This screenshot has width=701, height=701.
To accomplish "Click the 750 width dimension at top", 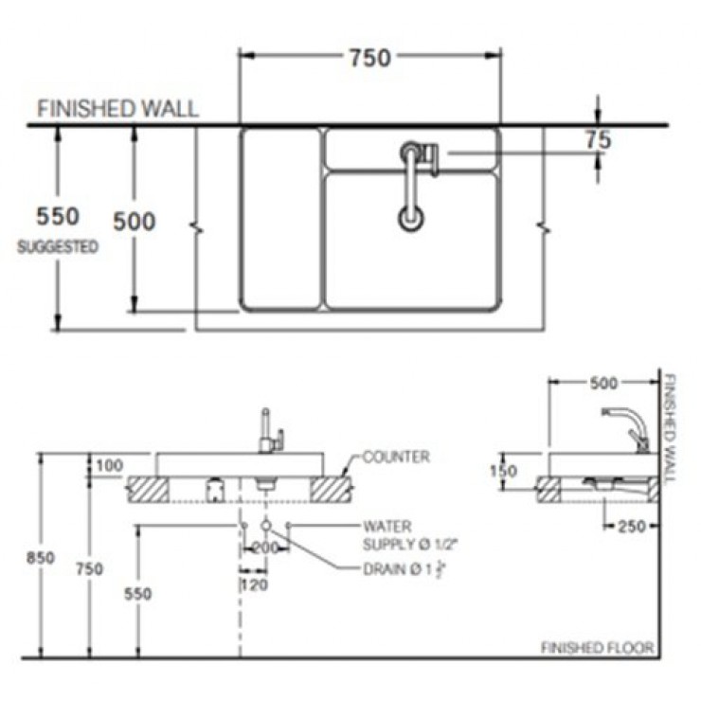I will click(x=368, y=58).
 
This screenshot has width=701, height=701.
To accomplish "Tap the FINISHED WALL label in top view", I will click(x=117, y=108).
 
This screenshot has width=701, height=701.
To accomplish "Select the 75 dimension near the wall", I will click(x=597, y=140).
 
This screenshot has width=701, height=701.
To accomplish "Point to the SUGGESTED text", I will click(x=58, y=247).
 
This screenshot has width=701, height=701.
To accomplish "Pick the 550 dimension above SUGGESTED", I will click(x=58, y=217).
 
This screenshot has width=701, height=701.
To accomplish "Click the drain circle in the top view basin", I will click(x=410, y=219).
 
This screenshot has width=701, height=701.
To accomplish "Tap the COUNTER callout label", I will click(x=396, y=457).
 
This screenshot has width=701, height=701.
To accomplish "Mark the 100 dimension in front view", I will click(x=110, y=465).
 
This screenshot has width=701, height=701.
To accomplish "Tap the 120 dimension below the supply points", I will click(x=253, y=586).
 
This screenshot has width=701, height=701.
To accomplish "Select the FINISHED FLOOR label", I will click(x=597, y=648).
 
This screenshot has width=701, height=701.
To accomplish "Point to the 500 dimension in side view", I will click(x=602, y=383).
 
